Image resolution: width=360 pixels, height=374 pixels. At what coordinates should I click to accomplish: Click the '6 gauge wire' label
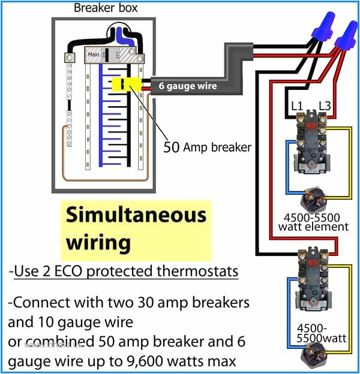(187, 86)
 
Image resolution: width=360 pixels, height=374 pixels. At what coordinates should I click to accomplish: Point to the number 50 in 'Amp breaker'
(172, 147)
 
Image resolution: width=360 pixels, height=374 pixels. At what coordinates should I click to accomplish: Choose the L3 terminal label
(325, 105)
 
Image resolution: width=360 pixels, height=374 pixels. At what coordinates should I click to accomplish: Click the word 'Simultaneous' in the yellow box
(136, 215)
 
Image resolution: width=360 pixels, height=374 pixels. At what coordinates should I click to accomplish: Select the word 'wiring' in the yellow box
(98, 242)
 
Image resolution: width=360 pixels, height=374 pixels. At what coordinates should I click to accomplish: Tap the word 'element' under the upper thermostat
(325, 227)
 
